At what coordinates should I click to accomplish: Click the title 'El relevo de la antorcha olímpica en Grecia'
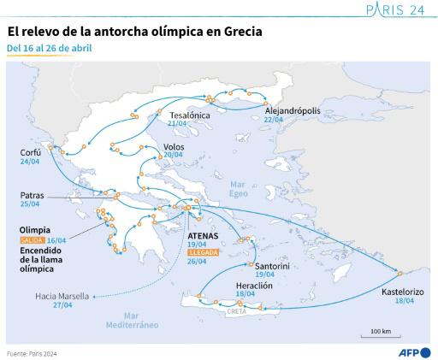point(134,32)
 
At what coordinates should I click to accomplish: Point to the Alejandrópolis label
point(292,111)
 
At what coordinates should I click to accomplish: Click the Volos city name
point(174,145)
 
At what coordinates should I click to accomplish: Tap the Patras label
point(32,195)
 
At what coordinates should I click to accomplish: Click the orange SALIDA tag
point(33,241)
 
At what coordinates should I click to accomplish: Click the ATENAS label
point(204,234)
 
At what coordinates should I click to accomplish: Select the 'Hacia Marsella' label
point(62,296)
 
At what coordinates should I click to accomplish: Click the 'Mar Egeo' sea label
point(240,189)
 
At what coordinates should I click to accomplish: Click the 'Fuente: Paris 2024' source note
point(32,352)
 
